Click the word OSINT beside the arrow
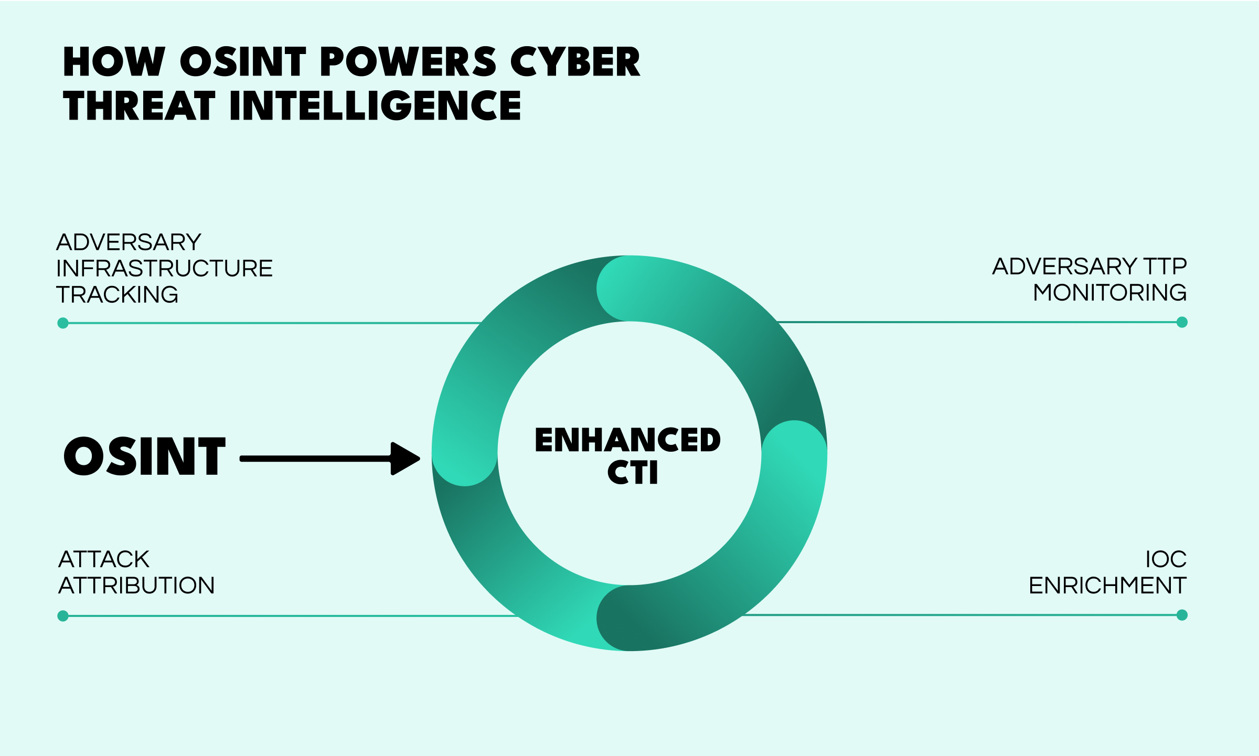tap(144, 456)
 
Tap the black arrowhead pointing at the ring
tap(406, 459)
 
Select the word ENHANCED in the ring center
tap(628, 440)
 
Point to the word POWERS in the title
tap(408, 62)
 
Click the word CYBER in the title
tap(575, 62)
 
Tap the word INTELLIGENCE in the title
tap(376, 105)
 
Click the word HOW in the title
tap(114, 62)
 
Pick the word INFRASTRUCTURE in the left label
tap(164, 269)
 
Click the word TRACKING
tap(117, 295)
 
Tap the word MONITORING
tap(1109, 293)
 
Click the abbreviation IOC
tap(1166, 559)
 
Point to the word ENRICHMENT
tap(1107, 585)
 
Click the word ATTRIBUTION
tap(136, 585)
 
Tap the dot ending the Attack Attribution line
tap(63, 616)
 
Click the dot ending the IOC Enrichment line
tap(1182, 615)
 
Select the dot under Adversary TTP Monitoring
tap(1182, 322)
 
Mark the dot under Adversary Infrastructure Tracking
tap(63, 323)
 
